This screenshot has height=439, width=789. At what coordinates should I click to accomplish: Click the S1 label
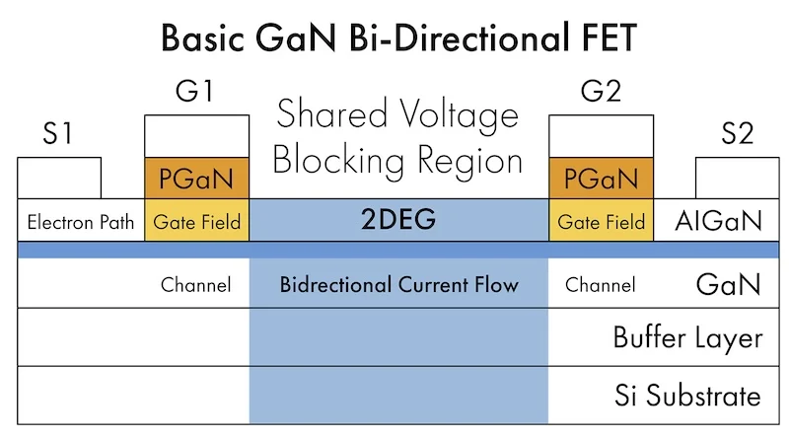coord(57,133)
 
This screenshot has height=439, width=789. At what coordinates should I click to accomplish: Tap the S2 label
coord(737,133)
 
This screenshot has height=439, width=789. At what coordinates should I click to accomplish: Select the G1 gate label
coord(194,91)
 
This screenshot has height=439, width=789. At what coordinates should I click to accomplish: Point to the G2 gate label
coord(601,91)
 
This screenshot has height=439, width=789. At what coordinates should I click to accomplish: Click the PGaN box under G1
coord(196,179)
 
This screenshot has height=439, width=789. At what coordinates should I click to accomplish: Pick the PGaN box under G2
coord(602,179)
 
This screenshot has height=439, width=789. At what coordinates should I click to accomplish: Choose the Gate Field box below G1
coord(196,220)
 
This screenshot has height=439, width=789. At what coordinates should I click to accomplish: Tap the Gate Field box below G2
coord(602,220)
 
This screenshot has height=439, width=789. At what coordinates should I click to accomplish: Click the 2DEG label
coord(398,219)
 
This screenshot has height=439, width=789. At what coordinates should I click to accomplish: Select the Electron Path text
coord(81,222)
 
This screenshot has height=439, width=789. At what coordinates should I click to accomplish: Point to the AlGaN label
coord(719,221)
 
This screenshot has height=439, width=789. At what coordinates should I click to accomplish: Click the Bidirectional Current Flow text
coord(399,285)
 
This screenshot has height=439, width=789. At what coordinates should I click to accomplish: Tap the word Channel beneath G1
coord(195,285)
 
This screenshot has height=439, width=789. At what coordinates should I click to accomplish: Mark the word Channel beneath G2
coord(601,285)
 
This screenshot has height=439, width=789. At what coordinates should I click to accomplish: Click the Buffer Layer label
coord(687,337)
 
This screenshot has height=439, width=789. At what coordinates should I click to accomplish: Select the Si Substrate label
coord(687,395)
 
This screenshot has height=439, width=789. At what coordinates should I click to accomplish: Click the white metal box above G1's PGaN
coord(196,136)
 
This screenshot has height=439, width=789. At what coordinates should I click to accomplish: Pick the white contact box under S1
coord(59,179)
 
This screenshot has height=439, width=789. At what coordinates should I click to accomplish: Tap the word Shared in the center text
coord(332,113)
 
